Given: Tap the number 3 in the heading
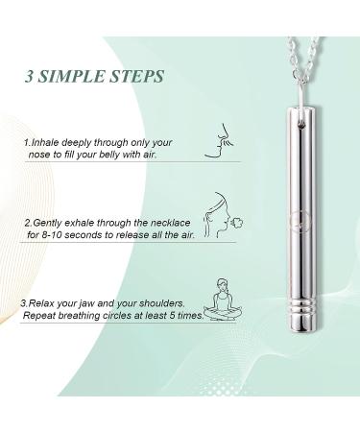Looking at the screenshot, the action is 29,77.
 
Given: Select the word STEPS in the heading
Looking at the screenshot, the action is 137,77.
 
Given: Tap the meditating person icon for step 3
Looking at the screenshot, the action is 223,300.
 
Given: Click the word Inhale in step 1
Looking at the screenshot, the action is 45,142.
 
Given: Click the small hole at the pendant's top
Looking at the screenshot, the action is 300,127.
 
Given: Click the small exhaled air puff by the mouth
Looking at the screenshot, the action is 238,223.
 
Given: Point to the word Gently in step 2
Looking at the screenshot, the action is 46,224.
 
